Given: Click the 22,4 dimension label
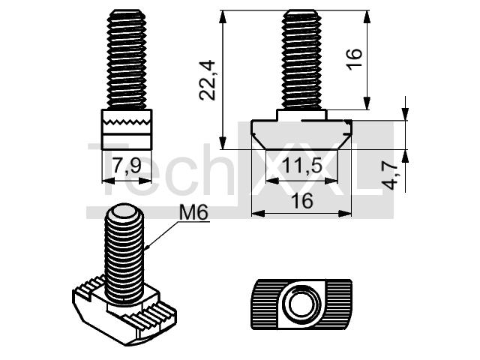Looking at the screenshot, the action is point(208,81).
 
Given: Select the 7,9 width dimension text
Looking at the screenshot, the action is point(127,166).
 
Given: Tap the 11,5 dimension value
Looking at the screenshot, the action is point(301,166).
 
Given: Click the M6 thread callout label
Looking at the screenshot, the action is point(193,212).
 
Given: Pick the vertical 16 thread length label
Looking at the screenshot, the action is point(355,59).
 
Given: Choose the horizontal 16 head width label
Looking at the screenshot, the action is point(301,201).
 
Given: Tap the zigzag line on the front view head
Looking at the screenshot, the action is point(127,121).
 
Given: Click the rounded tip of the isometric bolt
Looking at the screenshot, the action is point(124,211).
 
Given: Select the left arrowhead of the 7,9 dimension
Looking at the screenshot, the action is point(108,181).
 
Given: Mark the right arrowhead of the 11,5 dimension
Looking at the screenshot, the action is point(331,181).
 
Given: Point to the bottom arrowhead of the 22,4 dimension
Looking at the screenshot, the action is point(223,142).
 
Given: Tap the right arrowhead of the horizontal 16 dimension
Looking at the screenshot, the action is point(345,213).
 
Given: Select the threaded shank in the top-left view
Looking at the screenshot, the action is point(127,60).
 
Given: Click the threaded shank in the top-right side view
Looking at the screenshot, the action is point(301,60).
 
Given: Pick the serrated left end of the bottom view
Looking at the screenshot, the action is point(265,304).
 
